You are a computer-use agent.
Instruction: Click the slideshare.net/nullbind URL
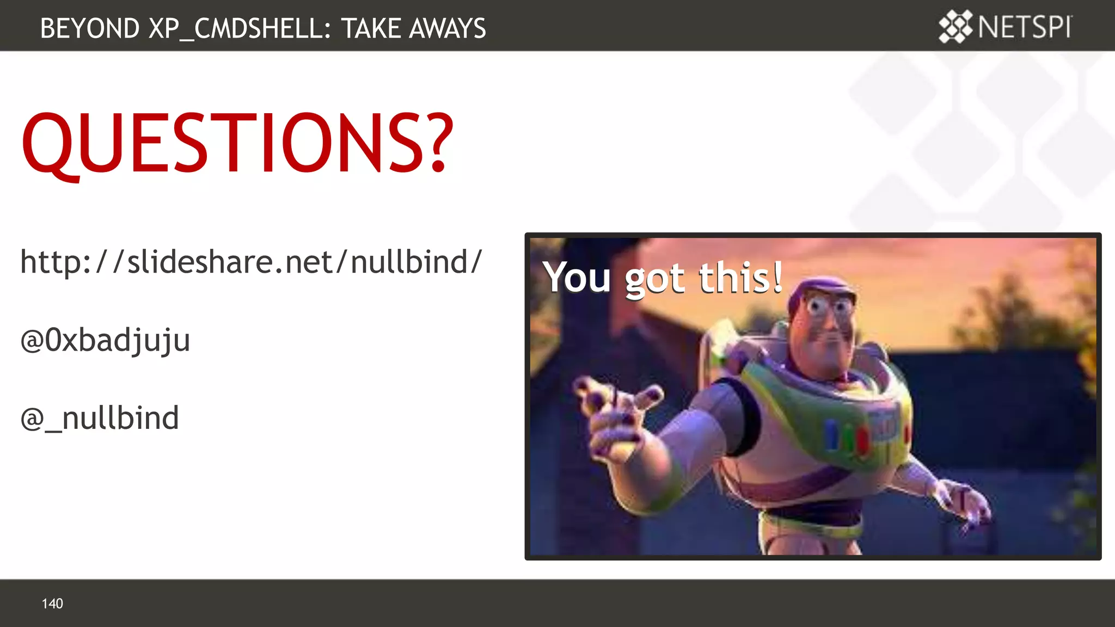pyautogui.click(x=251, y=262)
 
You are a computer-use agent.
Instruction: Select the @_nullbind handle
pyautogui.click(x=100, y=419)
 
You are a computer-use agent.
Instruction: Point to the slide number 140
pyautogui.click(x=52, y=604)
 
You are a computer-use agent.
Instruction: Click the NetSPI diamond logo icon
pyautogui.click(x=955, y=27)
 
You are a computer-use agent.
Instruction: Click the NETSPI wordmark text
pyautogui.click(x=1025, y=27)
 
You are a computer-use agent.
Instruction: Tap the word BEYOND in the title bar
pyautogui.click(x=90, y=28)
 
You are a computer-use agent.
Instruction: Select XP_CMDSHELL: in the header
pyautogui.click(x=240, y=29)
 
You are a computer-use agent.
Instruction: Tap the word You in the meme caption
pyautogui.click(x=577, y=278)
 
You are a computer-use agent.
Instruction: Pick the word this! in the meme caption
pyautogui.click(x=740, y=278)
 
